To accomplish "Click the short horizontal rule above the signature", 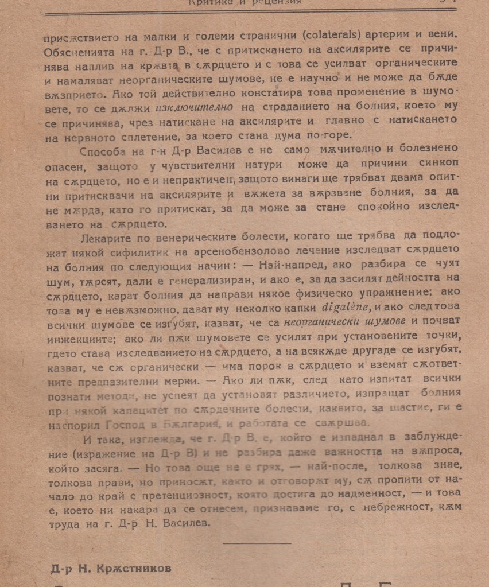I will (257, 541).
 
